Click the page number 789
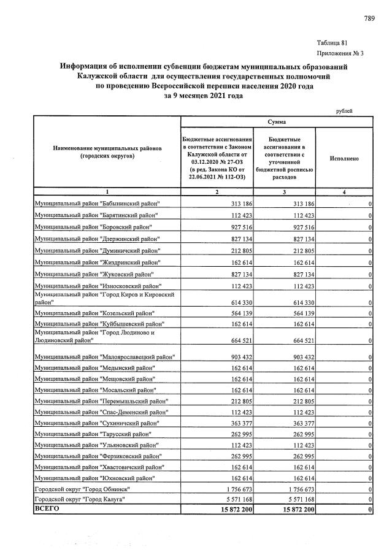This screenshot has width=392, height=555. point(369,19)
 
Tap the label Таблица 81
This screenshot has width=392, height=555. point(332,43)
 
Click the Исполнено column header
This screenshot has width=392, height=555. point(344,158)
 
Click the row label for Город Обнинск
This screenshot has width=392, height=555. point(86,489)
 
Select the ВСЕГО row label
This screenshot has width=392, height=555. point(46,510)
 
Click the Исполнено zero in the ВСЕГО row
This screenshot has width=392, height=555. point(370,510)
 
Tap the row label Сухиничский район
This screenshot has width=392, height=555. point(98,423)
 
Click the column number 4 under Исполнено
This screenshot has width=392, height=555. point(344,193)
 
